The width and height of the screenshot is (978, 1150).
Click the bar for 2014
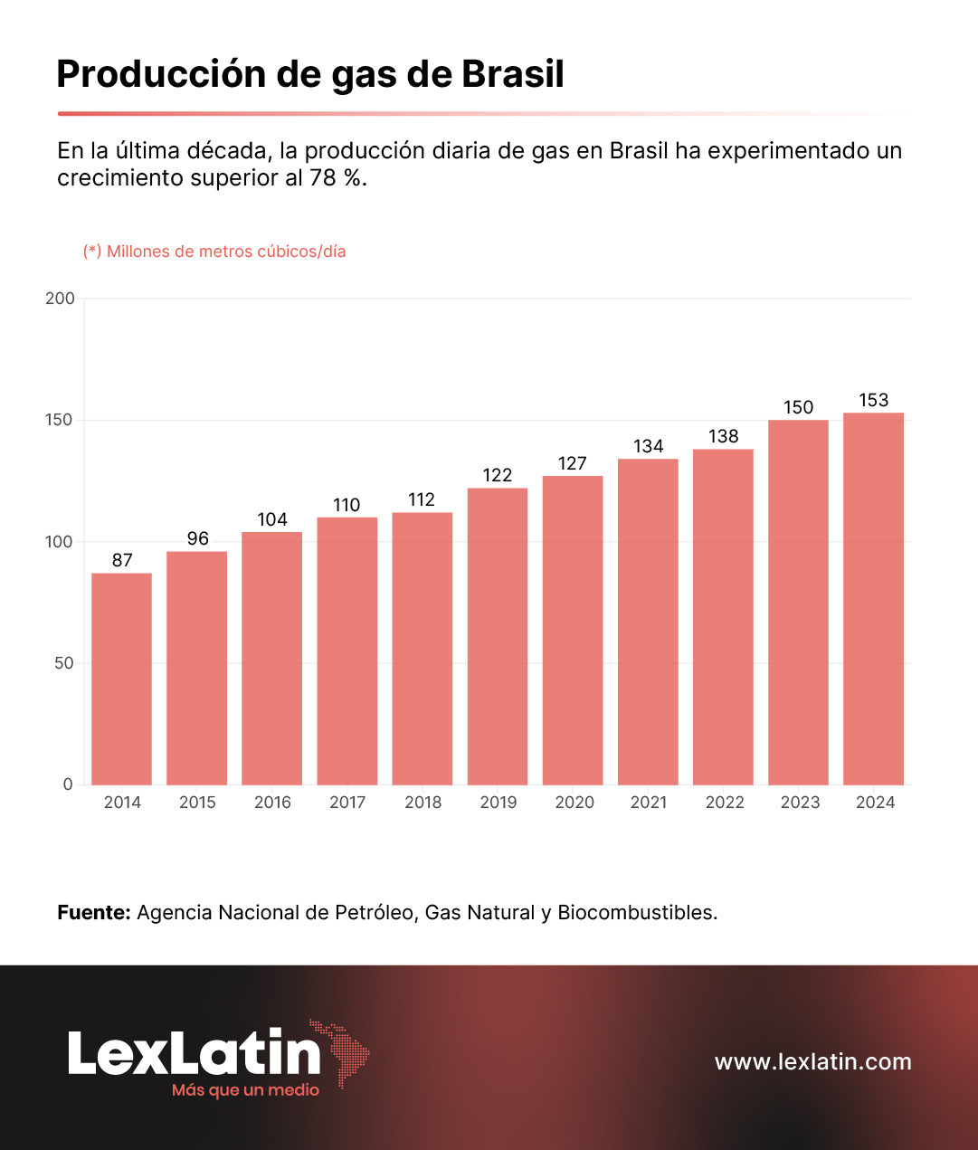pyautogui.click(x=122, y=679)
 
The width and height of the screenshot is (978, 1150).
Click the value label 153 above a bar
pyautogui.click(x=873, y=400)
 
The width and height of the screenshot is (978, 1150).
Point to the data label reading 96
pyautogui.click(x=197, y=538)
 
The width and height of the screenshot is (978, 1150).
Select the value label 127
pyautogui.click(x=573, y=463)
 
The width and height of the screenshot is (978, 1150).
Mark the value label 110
pyautogui.click(x=347, y=505)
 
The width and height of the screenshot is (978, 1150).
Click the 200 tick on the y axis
pyautogui.click(x=61, y=299)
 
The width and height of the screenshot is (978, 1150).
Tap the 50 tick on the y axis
pyautogui.click(x=64, y=663)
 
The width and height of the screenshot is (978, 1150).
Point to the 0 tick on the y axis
pyautogui.click(x=68, y=784)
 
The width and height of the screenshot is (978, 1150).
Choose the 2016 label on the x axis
pyautogui.click(x=272, y=803)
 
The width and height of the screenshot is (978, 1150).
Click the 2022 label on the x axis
pyautogui.click(x=725, y=803)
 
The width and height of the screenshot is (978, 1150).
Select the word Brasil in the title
pyautogui.click(x=513, y=74)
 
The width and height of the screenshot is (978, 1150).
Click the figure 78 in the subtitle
pyautogui.click(x=323, y=177)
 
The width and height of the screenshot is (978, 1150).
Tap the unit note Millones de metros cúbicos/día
pyautogui.click(x=226, y=252)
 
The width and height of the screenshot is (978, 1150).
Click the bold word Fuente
pyautogui.click(x=94, y=912)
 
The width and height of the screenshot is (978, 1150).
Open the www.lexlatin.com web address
pyautogui.click(x=812, y=1061)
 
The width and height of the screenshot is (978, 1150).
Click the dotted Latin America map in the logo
pyautogui.click(x=342, y=1051)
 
